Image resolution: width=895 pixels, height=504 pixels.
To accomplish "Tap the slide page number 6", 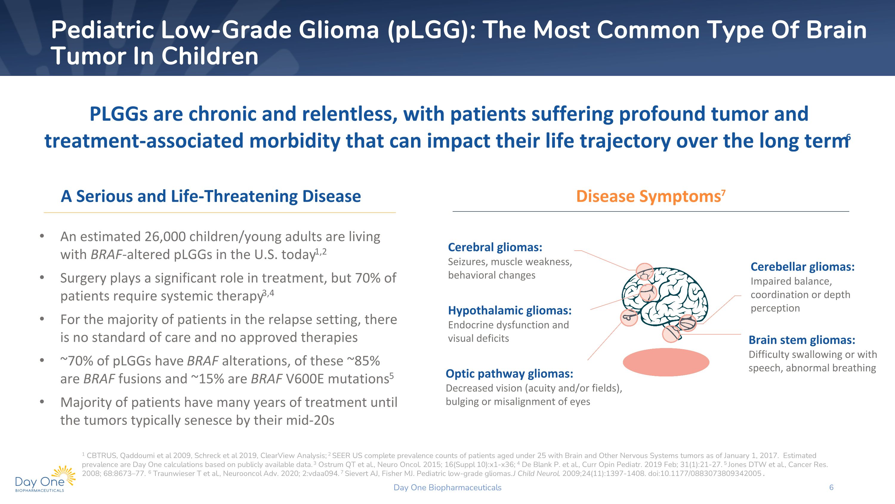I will pyautogui.click(x=831, y=487).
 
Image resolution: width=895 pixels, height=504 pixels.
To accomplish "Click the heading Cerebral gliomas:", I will pyautogui.click(x=495, y=247).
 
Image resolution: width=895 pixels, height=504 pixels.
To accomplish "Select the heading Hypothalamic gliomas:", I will pyautogui.click(x=509, y=310).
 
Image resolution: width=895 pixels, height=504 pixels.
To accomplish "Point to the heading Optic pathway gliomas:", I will pyautogui.click(x=509, y=373).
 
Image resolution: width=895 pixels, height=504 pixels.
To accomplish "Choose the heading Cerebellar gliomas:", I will pyautogui.click(x=802, y=267).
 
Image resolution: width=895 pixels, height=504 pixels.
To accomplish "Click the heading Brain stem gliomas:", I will pyautogui.click(x=802, y=340).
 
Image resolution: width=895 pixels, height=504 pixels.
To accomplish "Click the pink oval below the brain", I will pyautogui.click(x=666, y=362).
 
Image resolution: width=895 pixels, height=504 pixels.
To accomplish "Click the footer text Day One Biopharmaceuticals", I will pyautogui.click(x=447, y=488).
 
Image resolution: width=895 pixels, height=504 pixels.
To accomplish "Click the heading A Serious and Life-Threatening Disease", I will pyautogui.click(x=211, y=196).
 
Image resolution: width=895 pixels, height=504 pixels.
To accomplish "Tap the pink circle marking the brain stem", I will pyautogui.click(x=671, y=334).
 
